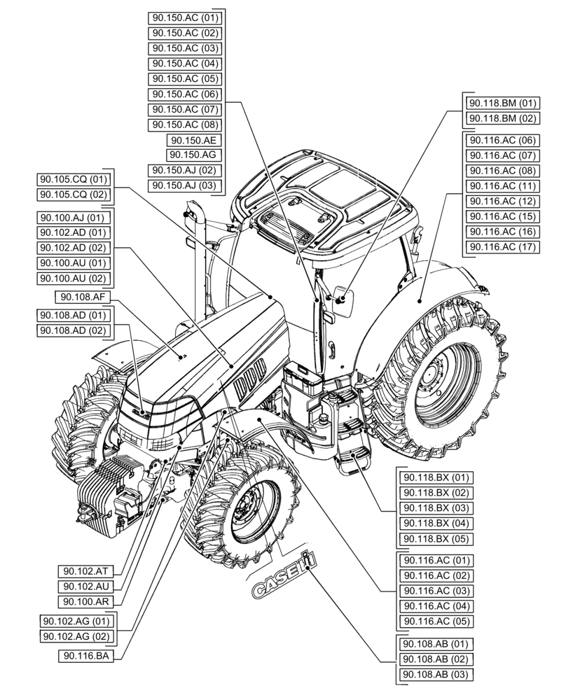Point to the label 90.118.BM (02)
tap(502, 118)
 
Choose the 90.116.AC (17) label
tap(502, 246)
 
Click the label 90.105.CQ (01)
tap(74, 178)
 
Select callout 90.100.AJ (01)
tap(74, 217)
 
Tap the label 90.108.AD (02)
tap(74, 330)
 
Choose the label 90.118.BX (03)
tap(434, 508)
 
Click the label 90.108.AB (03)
tap(434, 674)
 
